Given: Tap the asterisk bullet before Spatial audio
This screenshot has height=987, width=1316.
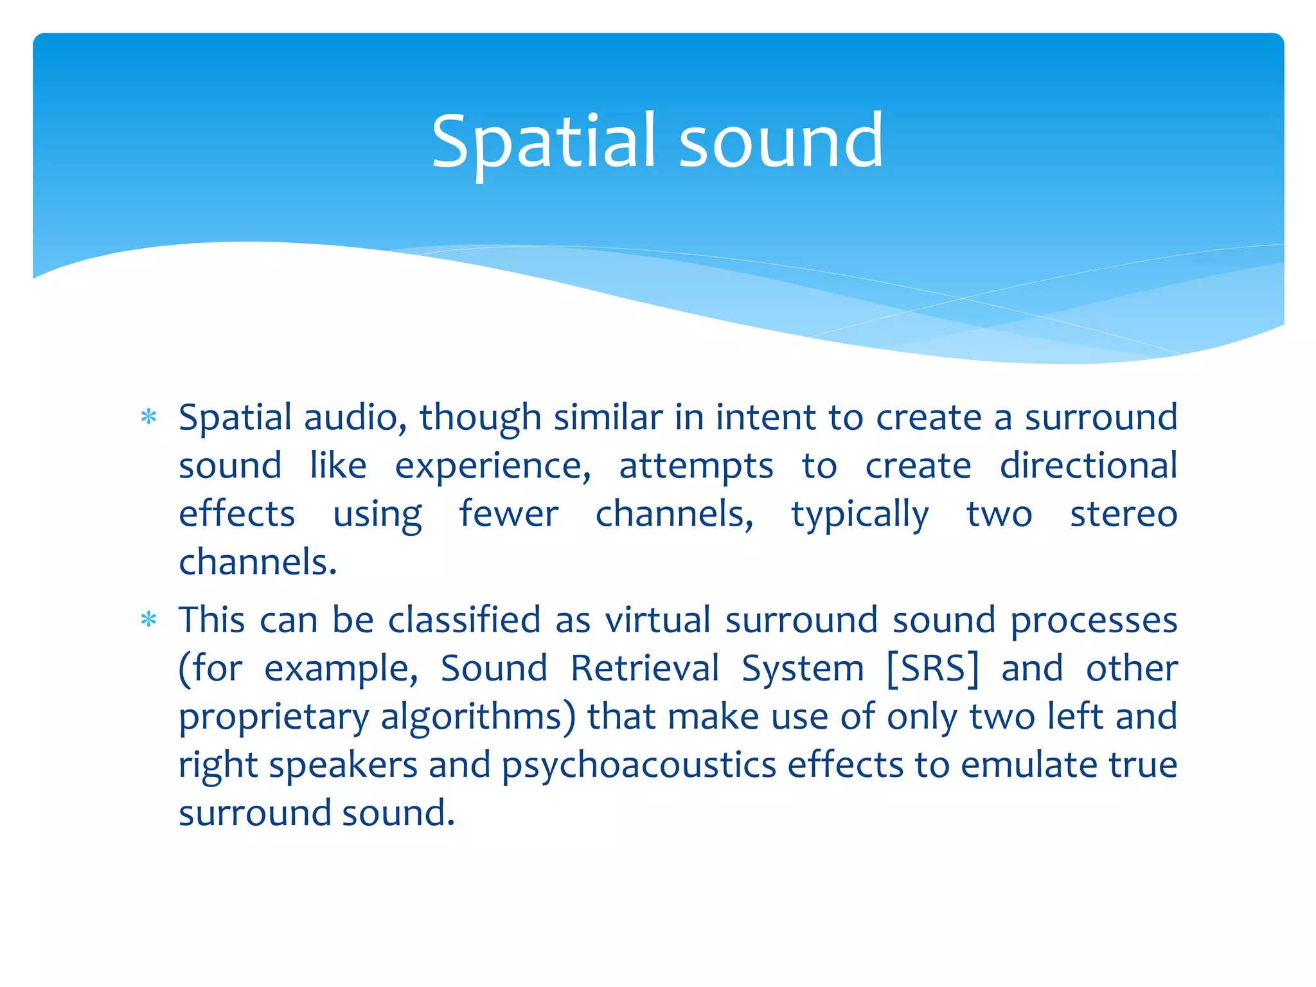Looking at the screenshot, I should [149, 418].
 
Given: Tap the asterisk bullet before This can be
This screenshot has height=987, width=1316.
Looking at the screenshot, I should [149, 620].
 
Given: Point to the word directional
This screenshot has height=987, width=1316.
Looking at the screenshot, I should [1088, 466].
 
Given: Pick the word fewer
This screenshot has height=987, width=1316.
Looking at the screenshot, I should [508, 514].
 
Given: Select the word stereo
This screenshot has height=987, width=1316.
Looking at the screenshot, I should [1123, 514].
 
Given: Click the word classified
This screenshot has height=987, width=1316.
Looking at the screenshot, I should [464, 620].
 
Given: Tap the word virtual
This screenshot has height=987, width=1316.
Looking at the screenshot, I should [657, 620].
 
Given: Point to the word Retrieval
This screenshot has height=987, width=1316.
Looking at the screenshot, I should [645, 668].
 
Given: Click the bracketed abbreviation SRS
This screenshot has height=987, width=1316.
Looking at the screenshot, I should [933, 668].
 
